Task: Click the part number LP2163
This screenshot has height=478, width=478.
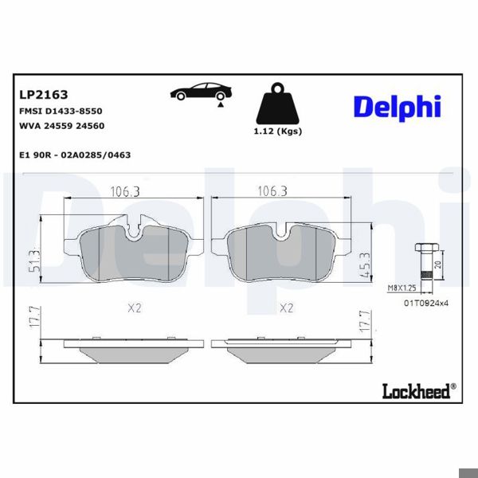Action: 44,95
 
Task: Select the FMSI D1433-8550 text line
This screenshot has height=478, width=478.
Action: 61,111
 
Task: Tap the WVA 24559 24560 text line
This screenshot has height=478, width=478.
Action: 62,126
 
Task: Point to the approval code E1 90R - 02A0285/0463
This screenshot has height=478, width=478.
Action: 75,155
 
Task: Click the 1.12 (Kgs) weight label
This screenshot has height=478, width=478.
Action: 278,131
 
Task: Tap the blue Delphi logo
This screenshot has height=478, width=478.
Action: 398,108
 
